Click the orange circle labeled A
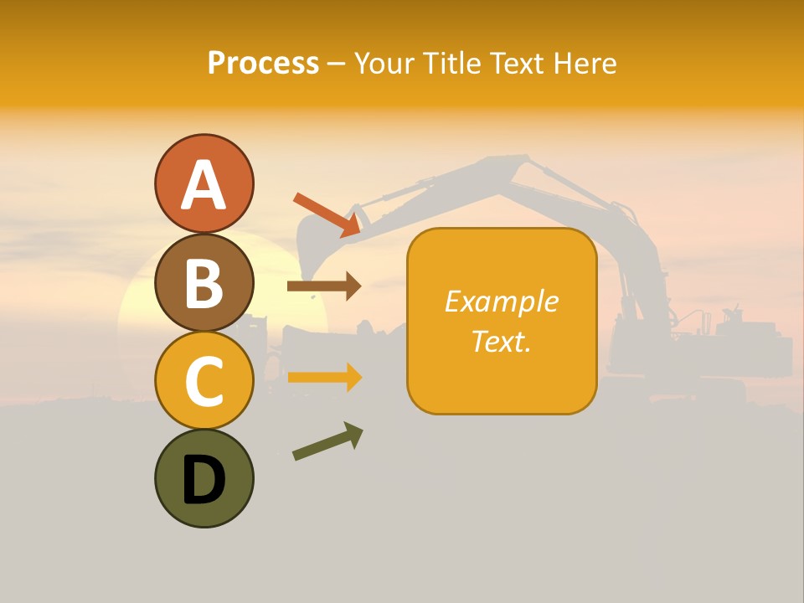click(204, 184)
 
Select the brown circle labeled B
click(204, 282)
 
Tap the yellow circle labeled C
click(204, 380)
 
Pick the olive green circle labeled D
click(204, 478)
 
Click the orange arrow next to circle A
click(327, 214)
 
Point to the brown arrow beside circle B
click(324, 286)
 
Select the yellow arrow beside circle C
click(324, 377)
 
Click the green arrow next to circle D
click(327, 441)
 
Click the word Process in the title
click(263, 63)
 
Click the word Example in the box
click(501, 301)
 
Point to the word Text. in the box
click(501, 341)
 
